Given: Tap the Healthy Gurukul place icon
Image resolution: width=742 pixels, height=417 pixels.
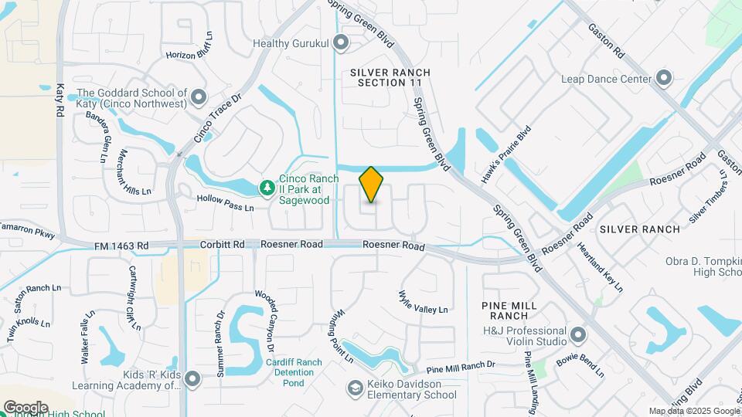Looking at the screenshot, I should tap(341, 43).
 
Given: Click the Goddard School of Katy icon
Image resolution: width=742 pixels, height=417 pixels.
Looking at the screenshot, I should tap(199, 97).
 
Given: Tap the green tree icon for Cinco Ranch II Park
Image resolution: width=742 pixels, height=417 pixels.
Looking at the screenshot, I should tap(267, 188).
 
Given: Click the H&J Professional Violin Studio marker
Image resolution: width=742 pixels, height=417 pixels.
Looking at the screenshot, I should tap(579, 335).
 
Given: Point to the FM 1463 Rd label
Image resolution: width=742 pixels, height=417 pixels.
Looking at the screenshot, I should tap(121, 246).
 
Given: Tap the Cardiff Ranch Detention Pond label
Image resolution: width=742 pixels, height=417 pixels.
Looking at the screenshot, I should tap(293, 373).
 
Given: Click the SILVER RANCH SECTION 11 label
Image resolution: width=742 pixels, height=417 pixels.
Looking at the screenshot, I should tap(390, 77).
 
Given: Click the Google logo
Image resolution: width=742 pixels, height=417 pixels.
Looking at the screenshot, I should tap(26, 407).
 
